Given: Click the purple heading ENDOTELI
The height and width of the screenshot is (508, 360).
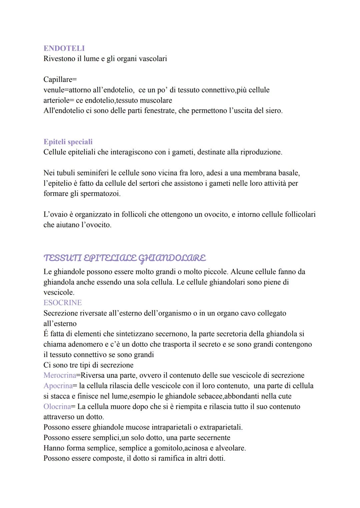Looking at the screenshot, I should click(x=64, y=48).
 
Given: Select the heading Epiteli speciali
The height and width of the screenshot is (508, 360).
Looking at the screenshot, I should click(x=68, y=142).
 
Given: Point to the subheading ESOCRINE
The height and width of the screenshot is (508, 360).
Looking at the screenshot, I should click(x=63, y=302).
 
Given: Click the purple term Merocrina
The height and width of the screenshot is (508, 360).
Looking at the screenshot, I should click(x=60, y=375).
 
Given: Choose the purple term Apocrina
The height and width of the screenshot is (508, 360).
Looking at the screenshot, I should click(x=58, y=385).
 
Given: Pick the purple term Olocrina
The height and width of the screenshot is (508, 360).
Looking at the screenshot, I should click(x=57, y=406).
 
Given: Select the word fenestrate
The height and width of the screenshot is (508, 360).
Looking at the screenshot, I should click(x=160, y=111).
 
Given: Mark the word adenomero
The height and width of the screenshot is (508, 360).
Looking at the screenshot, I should click(x=87, y=344).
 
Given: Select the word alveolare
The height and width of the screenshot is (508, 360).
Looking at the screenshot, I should click(x=230, y=448).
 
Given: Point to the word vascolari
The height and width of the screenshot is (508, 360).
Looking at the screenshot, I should click(x=153, y=59).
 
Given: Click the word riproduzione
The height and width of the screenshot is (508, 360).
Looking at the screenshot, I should click(x=261, y=152).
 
